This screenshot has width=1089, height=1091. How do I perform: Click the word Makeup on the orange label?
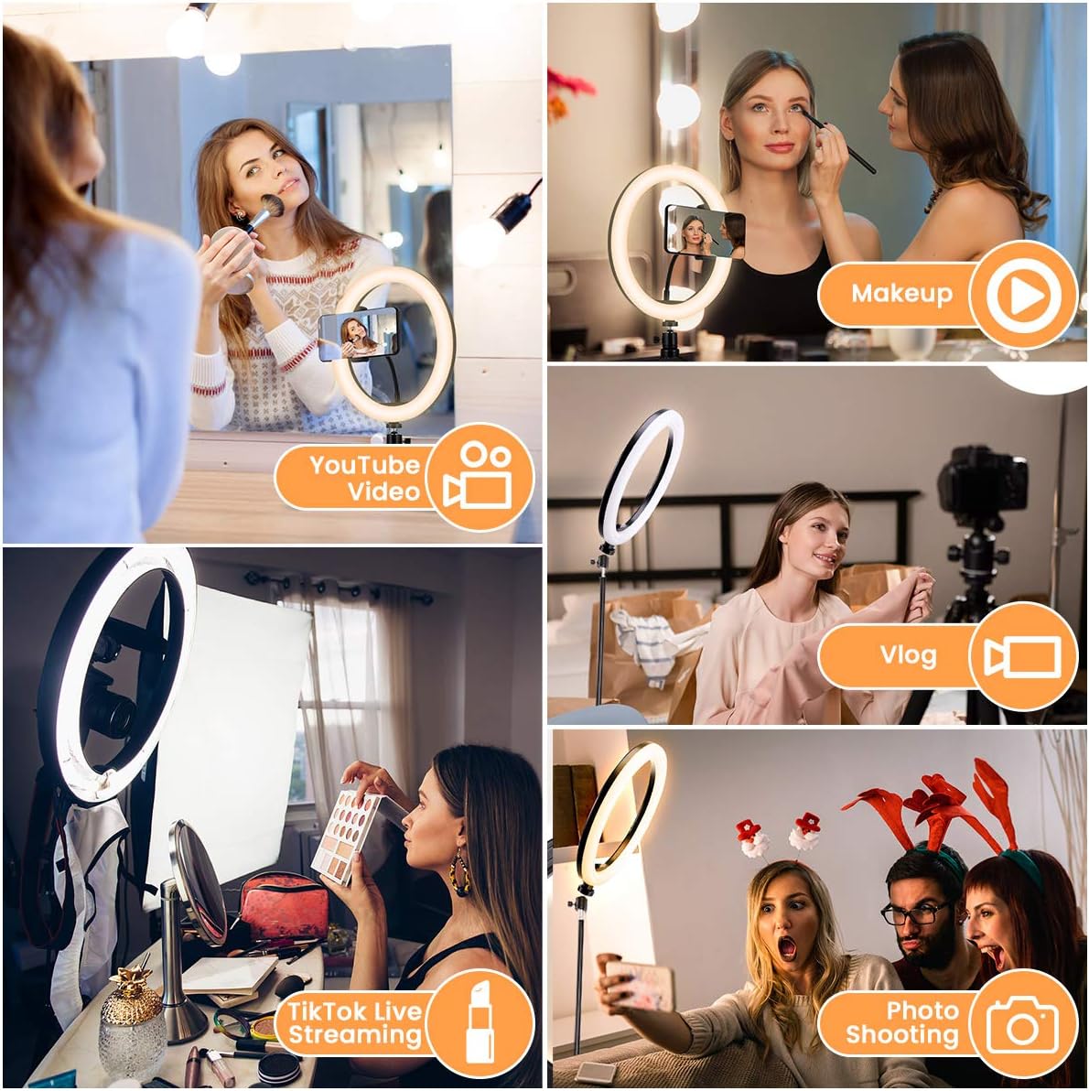[901, 294]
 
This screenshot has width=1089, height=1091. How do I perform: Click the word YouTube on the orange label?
[364, 464]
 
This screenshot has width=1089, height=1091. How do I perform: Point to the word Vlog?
[908, 655]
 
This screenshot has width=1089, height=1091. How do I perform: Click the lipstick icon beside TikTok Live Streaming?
[480, 1021]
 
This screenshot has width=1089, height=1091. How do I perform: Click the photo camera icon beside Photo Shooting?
[1022, 1024]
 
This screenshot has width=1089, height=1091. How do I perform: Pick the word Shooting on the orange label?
[902, 1034]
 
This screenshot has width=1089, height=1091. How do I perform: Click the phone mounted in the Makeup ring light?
[705, 230]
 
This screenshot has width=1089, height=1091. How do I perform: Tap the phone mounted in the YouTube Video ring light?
[358, 334]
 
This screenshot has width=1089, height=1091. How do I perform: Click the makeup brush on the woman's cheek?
[260, 211]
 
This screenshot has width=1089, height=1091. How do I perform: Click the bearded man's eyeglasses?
[915, 913]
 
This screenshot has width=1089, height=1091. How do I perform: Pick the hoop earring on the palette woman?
[460, 874]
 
